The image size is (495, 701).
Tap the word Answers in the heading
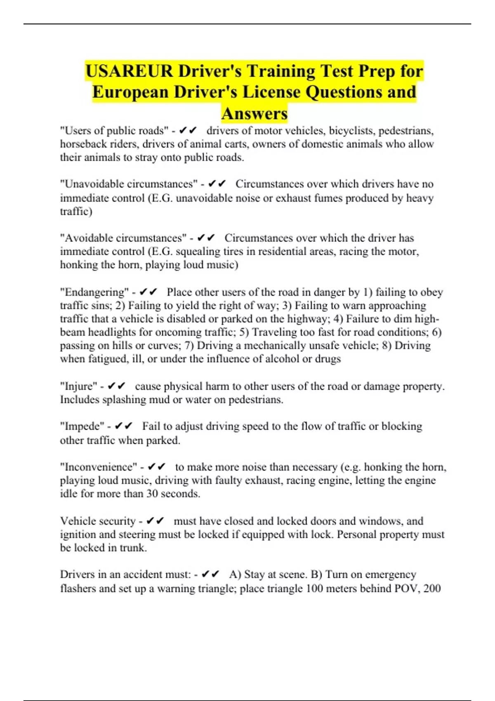(254, 114)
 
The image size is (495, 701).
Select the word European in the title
(130, 92)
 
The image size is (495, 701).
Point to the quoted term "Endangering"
(94, 292)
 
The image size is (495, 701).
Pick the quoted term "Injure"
(79, 386)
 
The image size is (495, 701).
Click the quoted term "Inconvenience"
(99, 467)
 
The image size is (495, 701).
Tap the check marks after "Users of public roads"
(189, 131)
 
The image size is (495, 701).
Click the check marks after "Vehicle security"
(156, 521)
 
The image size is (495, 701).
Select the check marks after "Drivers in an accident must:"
(211, 574)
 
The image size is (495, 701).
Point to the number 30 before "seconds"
(152, 494)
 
